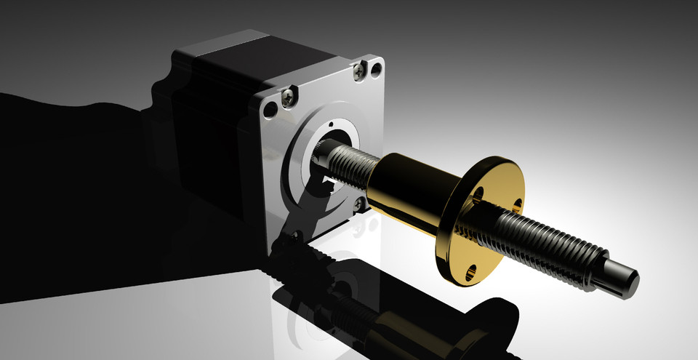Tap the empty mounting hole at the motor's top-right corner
375,70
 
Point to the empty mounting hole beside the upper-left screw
271,111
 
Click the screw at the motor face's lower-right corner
359,205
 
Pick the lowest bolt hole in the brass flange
473,272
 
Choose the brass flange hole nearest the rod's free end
517,206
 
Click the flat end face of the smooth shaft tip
630,278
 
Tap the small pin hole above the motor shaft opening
329,124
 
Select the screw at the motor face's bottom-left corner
296,236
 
